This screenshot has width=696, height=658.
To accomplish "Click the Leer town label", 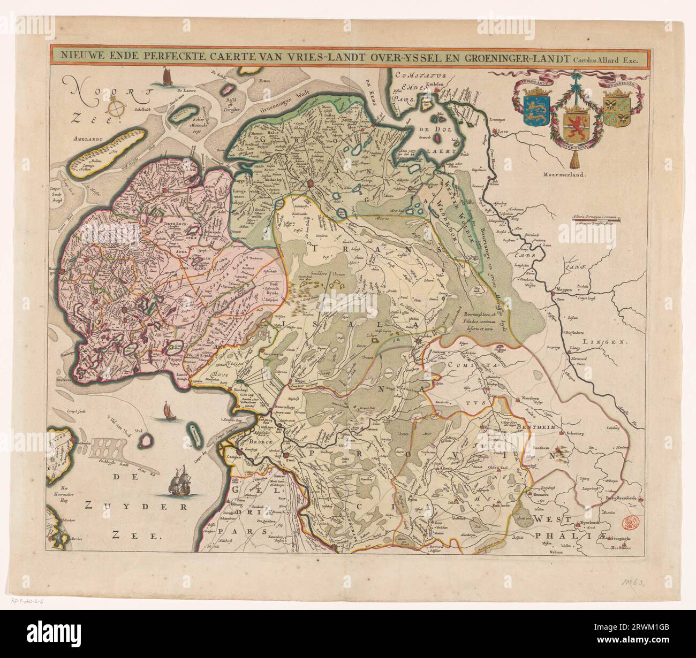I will [502, 130].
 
